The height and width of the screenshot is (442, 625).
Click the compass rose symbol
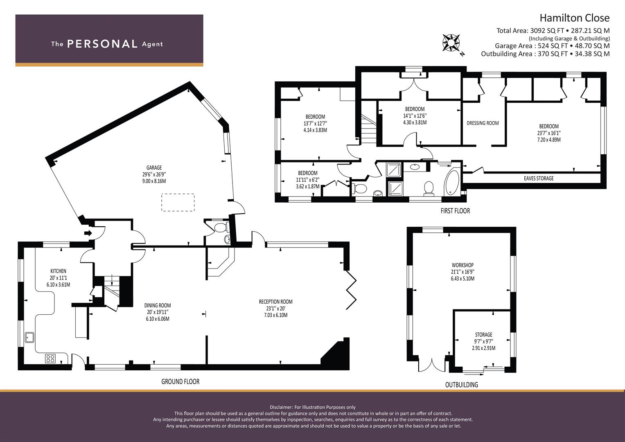[x=451, y=43]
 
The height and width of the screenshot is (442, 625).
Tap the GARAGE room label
[x=154, y=168]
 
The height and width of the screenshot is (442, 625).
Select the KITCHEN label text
[x=58, y=271]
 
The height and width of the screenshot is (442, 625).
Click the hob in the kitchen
[x=50, y=358]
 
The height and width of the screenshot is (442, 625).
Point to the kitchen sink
[x=29, y=337]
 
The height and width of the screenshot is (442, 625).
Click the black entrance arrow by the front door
[x=88, y=233]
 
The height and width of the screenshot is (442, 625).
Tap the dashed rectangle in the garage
[x=178, y=202]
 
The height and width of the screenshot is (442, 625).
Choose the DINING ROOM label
[x=158, y=306]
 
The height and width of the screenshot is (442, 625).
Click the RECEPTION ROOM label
[x=276, y=302]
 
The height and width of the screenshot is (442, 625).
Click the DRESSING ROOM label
[x=483, y=123]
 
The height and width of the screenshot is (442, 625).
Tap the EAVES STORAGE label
[x=539, y=178]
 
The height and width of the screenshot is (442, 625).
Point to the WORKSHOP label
[x=463, y=265]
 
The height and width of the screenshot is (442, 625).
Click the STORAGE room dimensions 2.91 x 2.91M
[x=483, y=348]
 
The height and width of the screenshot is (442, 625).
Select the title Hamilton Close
[x=575, y=18]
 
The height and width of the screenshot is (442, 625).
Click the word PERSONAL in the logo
[x=102, y=44]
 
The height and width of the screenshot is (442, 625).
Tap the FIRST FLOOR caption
[x=456, y=211]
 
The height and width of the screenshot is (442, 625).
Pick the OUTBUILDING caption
[x=462, y=385]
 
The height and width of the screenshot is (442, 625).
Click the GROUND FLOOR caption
[x=181, y=381]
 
